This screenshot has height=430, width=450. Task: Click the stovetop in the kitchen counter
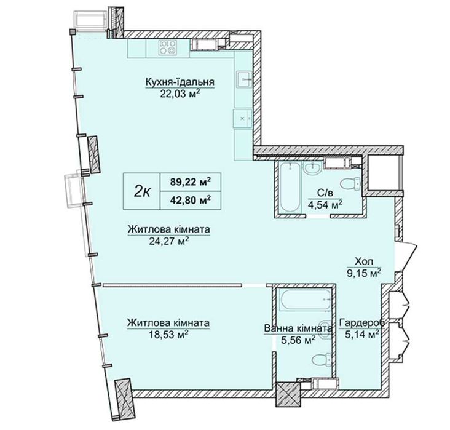tap(167, 47)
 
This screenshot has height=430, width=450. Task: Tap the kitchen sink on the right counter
tap(244, 79)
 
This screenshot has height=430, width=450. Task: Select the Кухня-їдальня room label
tap(180, 82)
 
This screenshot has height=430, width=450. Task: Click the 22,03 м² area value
tap(180, 94)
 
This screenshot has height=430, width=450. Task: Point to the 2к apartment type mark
tap(141, 191)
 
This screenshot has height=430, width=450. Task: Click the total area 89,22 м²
tap(191, 182)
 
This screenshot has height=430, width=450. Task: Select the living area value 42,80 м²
tap(191, 200)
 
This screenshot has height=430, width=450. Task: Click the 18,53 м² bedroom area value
tap(168, 335)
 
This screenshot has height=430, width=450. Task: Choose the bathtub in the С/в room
tap(290, 188)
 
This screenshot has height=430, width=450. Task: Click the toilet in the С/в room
tap(350, 183)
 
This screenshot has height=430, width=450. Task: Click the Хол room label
tap(364, 261)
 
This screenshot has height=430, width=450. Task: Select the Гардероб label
tap(362, 323)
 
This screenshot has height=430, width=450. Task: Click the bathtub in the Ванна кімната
tap(305, 300)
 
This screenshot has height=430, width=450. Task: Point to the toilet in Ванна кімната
tap(321, 359)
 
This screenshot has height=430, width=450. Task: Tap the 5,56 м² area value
tap(298, 340)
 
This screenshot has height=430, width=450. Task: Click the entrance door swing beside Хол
tap(407, 256)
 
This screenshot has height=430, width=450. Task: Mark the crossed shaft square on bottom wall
tap(288, 394)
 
